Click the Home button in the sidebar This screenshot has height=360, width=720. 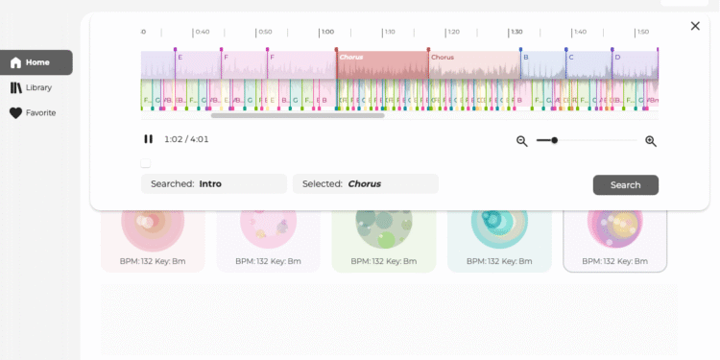click(x=36, y=62)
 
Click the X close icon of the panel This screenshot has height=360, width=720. click(x=695, y=26)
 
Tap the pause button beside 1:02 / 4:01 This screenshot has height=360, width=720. click(x=149, y=139)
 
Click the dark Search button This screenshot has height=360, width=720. click(x=625, y=185)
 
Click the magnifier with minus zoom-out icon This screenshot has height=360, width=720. click(x=522, y=141)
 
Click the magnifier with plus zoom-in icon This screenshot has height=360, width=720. click(x=651, y=141)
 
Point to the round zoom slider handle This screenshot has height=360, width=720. click(x=554, y=140)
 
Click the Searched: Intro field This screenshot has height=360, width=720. click(x=213, y=183)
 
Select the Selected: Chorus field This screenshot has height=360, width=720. click(x=365, y=183)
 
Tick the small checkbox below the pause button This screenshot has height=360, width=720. click(x=145, y=163)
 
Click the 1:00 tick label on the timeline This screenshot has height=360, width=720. click(x=327, y=32)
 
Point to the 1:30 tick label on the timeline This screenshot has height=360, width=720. click(x=516, y=32)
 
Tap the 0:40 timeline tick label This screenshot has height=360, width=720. click(x=202, y=32)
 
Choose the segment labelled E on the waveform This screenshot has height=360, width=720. click(x=180, y=58)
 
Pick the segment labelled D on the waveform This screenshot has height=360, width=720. click(x=617, y=58)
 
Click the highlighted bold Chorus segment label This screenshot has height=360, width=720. click(x=350, y=58)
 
